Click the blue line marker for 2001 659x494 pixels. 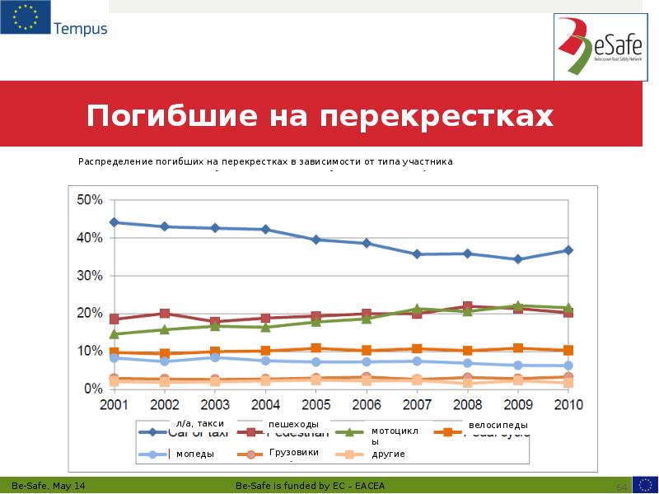[115, 222]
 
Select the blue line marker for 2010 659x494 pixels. [568, 250]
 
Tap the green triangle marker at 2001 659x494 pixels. [115, 334]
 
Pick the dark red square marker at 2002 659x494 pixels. [165, 314]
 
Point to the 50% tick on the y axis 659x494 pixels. [89, 200]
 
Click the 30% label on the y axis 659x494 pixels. [89, 276]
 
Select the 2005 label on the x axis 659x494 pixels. [316, 405]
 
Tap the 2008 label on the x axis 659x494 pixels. [467, 405]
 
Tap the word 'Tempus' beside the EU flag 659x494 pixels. [80, 29]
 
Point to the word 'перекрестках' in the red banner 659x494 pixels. [437, 116]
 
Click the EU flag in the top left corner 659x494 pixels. [25, 18]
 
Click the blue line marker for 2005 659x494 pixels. [316, 240]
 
